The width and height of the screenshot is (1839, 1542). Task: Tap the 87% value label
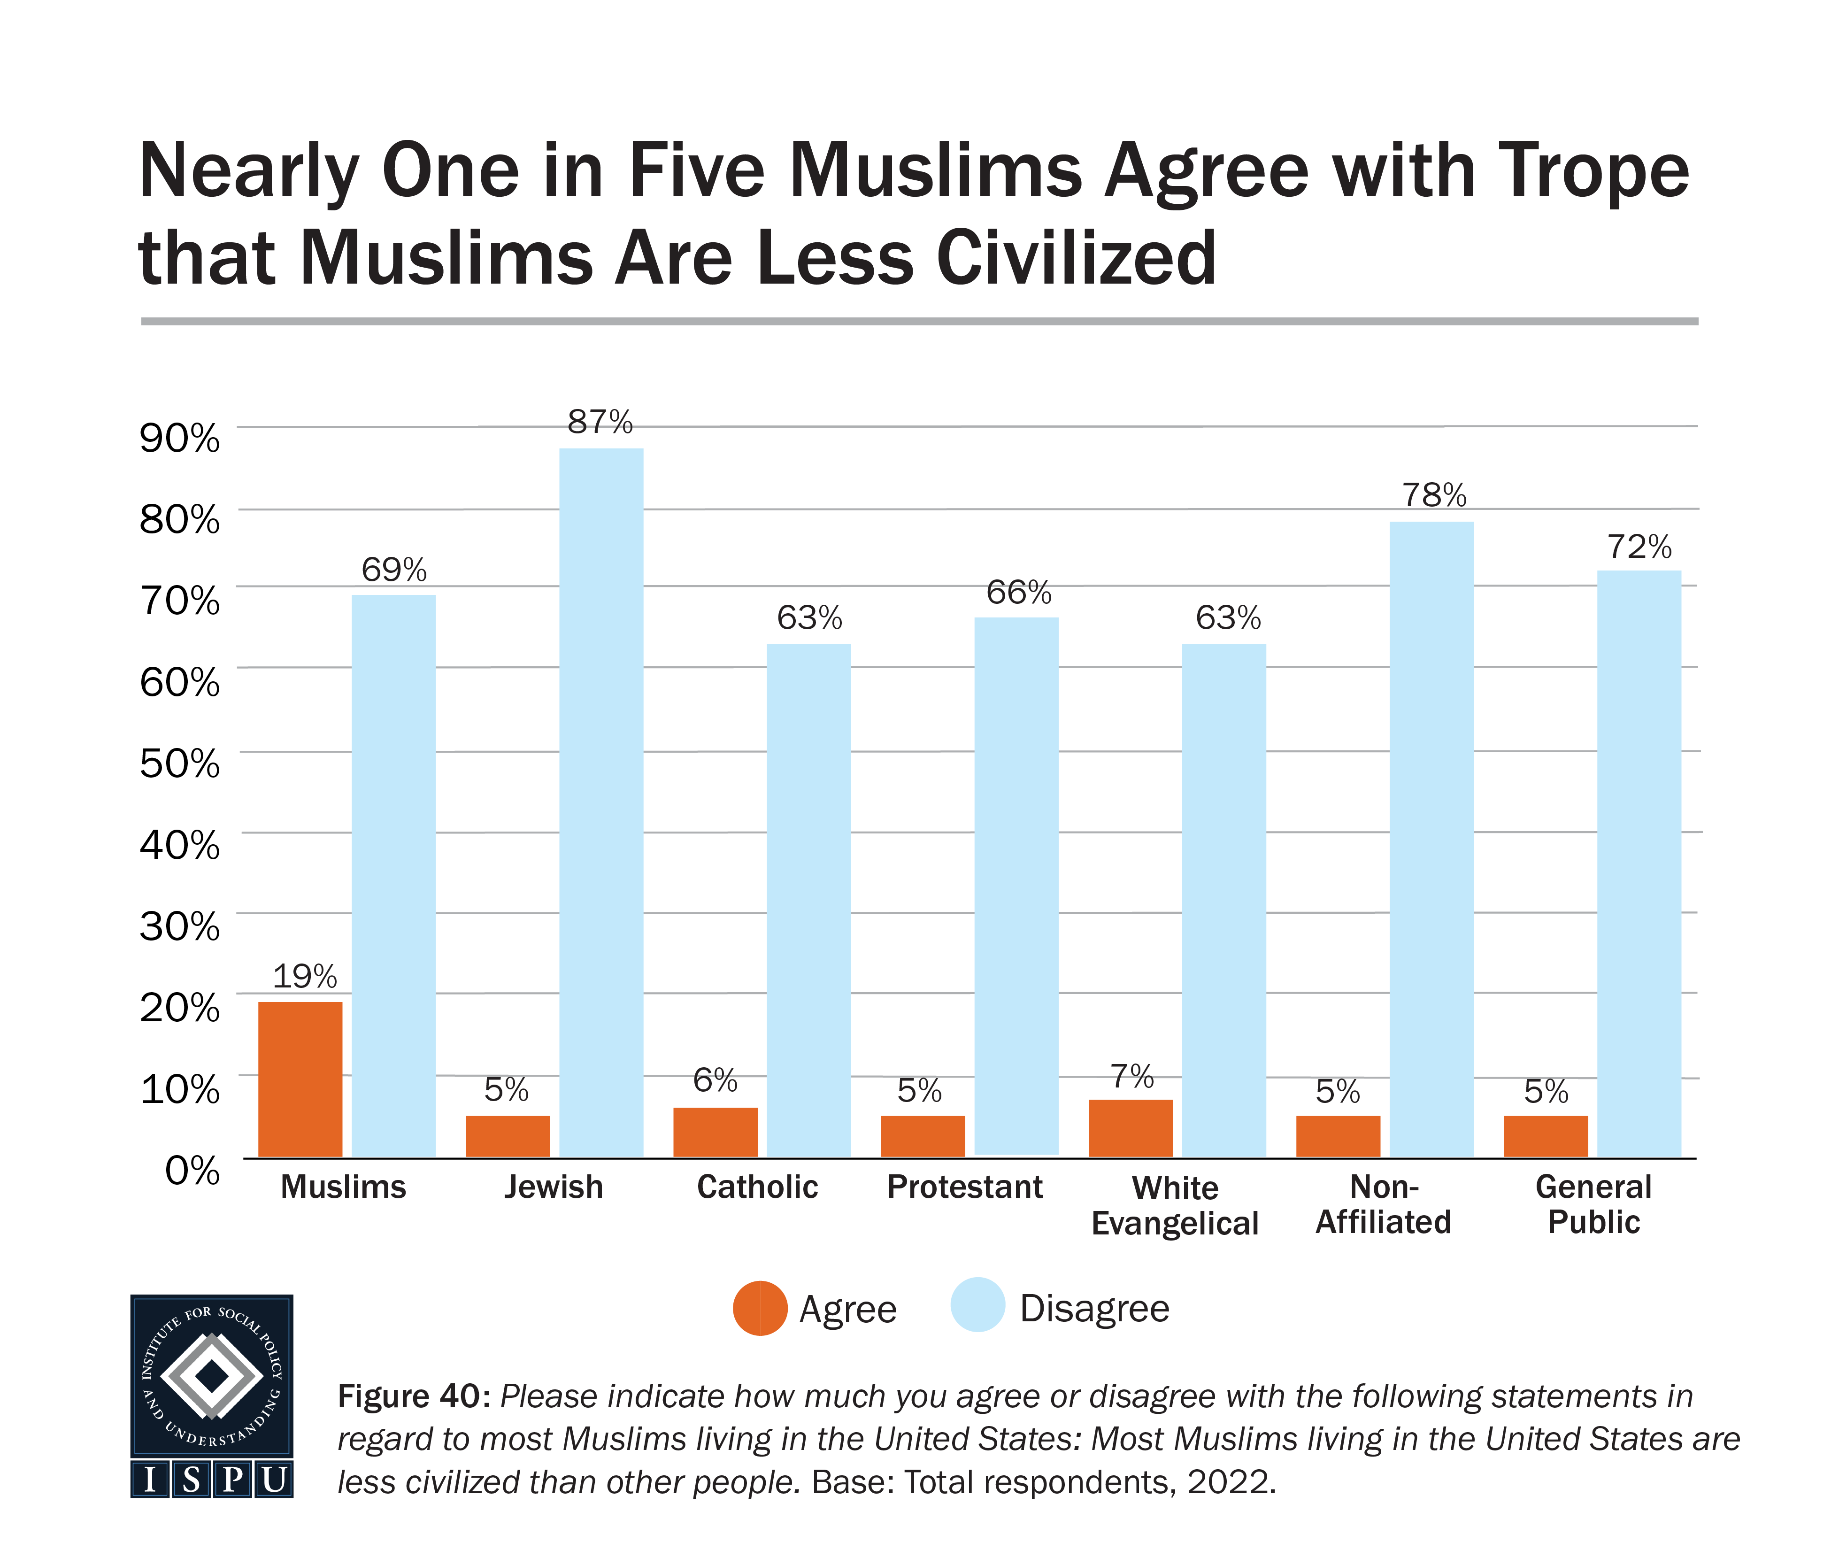[600, 423]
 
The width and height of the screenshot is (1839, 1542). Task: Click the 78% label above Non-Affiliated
[1433, 496]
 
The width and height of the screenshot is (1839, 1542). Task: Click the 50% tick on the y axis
[179, 763]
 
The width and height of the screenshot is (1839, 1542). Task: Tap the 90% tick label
[179, 437]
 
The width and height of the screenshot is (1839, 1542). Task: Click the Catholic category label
[757, 1187]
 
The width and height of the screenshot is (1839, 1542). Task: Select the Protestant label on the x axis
[964, 1187]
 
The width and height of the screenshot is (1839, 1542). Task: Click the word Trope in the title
[1593, 172]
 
